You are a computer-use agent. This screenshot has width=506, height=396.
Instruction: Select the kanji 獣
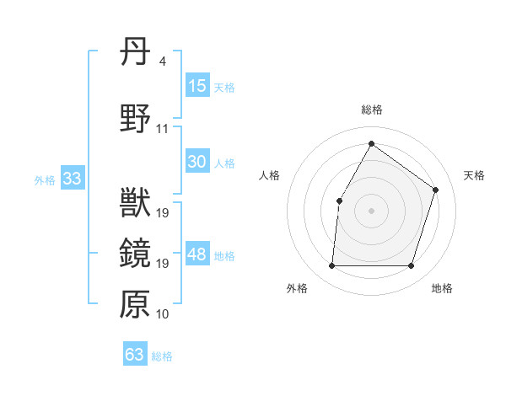[x=135, y=205]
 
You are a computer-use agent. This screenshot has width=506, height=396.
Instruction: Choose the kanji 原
[x=135, y=304]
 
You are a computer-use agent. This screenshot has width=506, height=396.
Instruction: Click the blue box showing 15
[x=197, y=87]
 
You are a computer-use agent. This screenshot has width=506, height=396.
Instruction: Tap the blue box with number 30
[x=197, y=163]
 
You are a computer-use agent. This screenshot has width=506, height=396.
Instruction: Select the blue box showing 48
[x=197, y=255]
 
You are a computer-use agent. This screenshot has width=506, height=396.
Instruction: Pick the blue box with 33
[x=72, y=179]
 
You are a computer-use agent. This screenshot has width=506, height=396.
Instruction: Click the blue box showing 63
[x=135, y=355]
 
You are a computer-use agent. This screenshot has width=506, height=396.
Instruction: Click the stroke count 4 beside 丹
[x=162, y=62]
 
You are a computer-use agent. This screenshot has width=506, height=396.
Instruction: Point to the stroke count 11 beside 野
[x=163, y=129]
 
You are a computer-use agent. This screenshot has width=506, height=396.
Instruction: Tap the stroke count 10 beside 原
[x=163, y=314]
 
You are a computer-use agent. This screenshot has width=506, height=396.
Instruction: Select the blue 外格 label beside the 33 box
[x=45, y=180]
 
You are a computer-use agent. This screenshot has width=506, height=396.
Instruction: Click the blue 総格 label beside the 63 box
[x=162, y=356]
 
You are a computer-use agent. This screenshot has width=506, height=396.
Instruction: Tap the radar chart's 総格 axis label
[x=371, y=110]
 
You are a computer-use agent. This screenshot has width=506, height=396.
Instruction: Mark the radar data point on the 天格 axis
[x=436, y=190]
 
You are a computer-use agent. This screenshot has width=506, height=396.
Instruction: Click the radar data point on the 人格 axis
[x=339, y=201]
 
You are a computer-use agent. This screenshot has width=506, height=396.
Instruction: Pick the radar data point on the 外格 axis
[x=331, y=266]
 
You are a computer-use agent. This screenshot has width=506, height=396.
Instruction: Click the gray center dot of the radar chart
[x=371, y=211]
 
